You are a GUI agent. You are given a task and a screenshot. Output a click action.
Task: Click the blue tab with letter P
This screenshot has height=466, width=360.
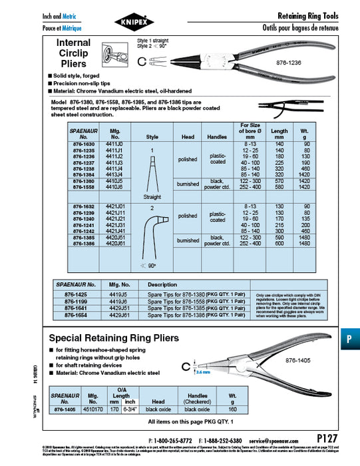(349, 338)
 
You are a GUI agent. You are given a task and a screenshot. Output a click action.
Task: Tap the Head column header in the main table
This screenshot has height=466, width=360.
(188, 135)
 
